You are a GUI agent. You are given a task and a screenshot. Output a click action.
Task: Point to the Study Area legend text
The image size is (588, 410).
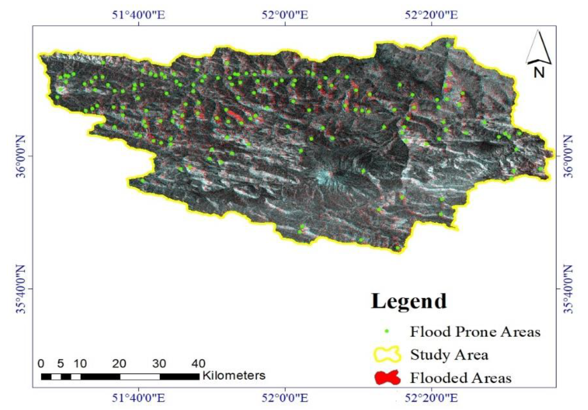(x=449, y=355)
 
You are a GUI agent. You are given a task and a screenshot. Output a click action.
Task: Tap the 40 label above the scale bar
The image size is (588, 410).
(x=198, y=364)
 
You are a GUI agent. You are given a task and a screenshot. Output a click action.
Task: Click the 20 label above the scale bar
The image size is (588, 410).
(x=120, y=364)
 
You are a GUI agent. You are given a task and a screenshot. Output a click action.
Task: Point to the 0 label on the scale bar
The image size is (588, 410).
(x=41, y=364)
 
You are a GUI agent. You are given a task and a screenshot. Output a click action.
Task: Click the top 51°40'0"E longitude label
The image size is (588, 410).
(x=139, y=15)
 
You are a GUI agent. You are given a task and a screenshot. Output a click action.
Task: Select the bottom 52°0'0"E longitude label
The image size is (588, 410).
(x=285, y=398)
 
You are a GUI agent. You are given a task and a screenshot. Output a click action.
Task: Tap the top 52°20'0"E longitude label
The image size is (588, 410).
(x=431, y=15)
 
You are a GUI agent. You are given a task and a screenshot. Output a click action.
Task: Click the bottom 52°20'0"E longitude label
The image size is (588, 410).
(x=431, y=398)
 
